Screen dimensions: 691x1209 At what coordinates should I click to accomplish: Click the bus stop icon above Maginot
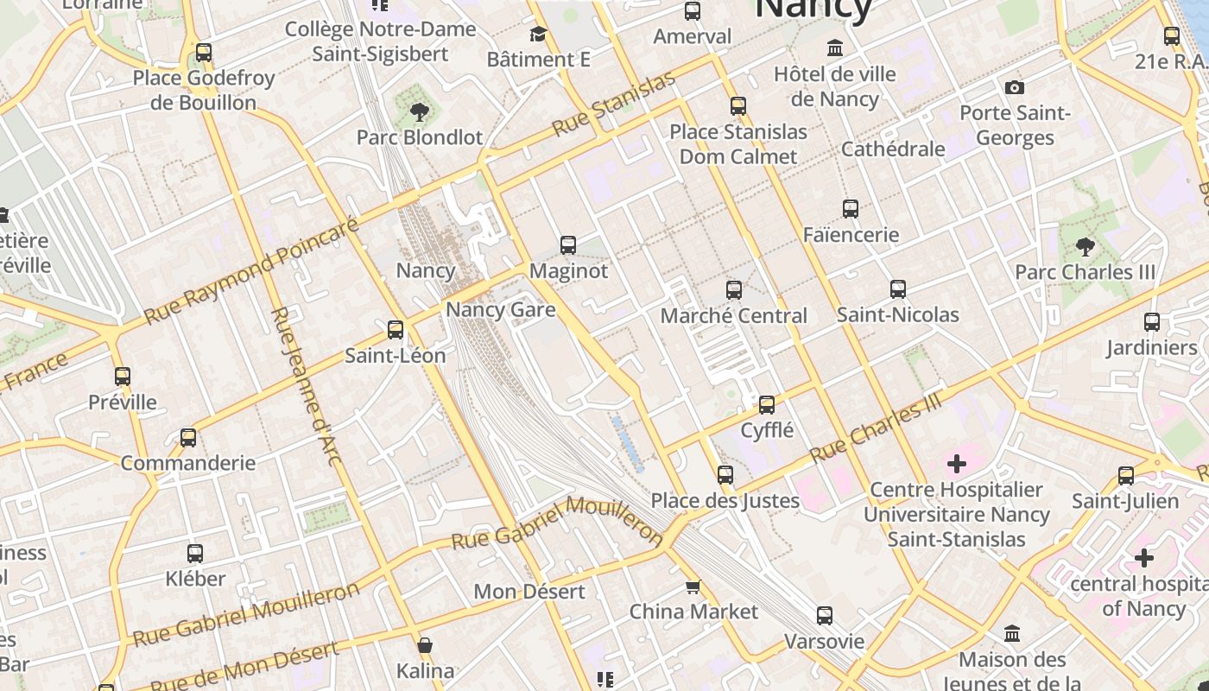(567, 245)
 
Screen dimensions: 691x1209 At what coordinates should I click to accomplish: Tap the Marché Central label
(733, 316)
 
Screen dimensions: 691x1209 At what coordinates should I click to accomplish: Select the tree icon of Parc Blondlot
(420, 111)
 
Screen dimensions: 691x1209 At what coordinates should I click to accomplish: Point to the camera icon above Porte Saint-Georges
(1015, 87)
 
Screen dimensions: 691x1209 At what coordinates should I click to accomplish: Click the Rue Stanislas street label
(613, 105)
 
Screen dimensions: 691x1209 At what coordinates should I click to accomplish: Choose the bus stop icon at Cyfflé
(766, 405)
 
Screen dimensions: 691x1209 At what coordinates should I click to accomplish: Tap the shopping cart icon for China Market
(693, 587)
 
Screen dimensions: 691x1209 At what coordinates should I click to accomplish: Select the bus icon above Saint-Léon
(396, 329)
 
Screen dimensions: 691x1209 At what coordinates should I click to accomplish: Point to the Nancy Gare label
(500, 309)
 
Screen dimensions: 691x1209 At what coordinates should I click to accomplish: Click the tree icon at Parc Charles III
(1085, 248)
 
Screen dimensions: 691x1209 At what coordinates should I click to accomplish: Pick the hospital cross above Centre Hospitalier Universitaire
(956, 465)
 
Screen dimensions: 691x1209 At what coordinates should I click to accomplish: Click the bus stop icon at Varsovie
(825, 616)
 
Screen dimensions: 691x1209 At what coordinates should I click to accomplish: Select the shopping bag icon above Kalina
(424, 645)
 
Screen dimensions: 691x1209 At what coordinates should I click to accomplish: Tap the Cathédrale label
(892, 149)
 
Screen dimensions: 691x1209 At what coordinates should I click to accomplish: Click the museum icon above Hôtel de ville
(834, 48)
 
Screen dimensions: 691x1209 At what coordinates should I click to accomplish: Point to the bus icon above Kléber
(195, 554)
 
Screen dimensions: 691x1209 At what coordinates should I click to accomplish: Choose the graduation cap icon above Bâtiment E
(538, 35)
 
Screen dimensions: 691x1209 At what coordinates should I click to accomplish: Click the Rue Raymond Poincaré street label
(250, 271)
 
